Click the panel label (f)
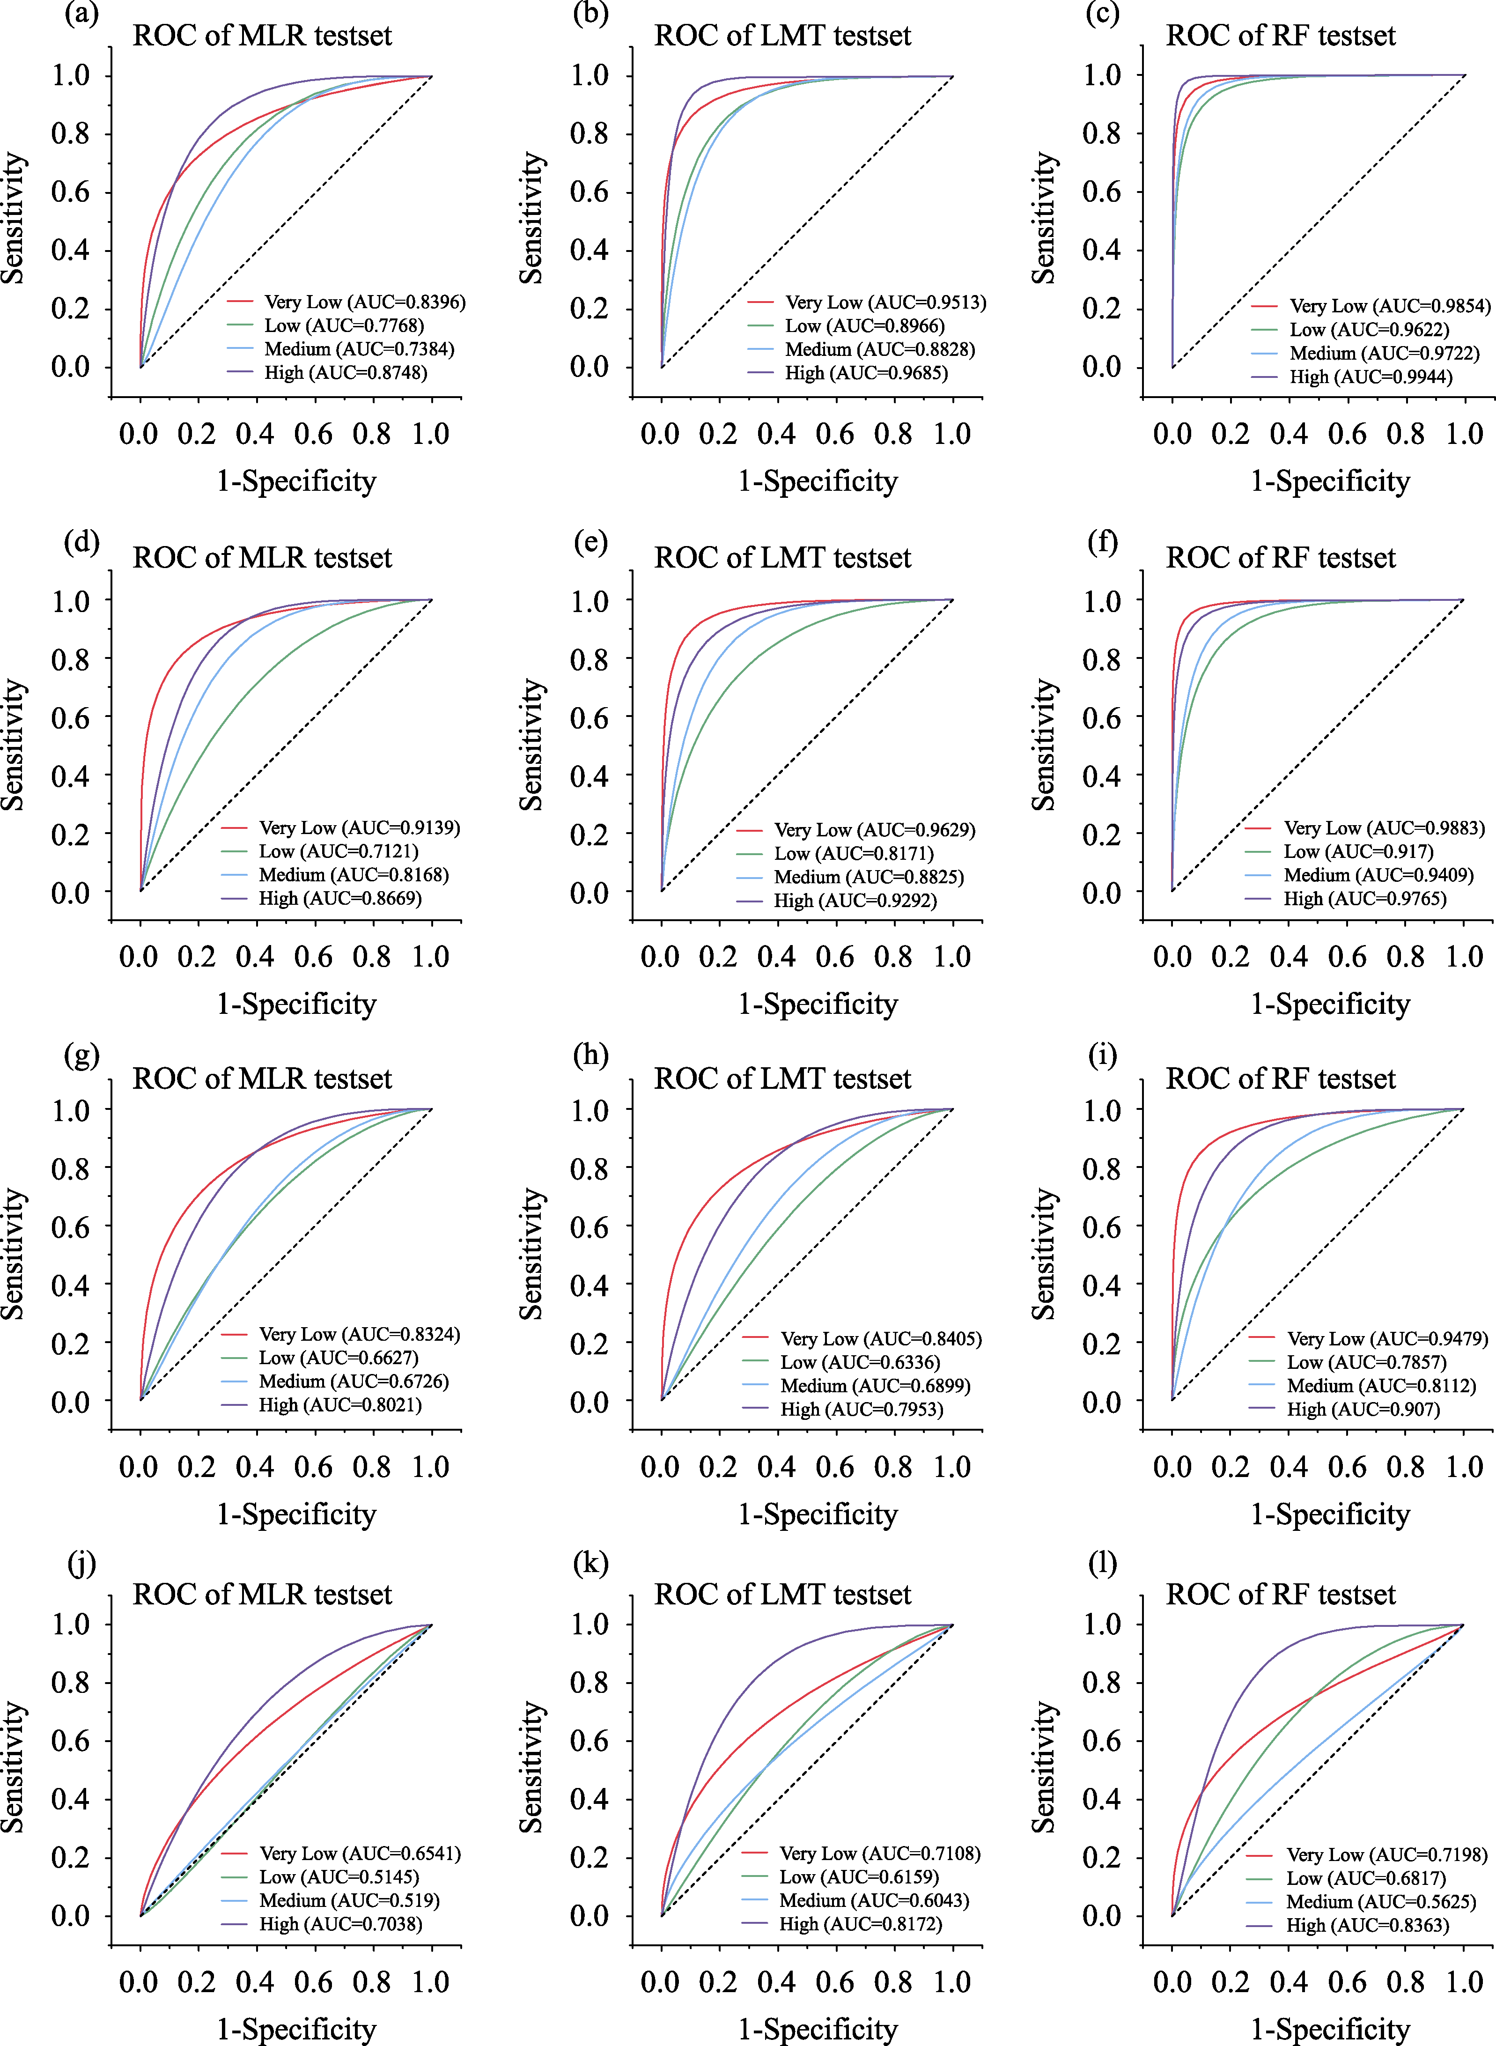(x=1102, y=542)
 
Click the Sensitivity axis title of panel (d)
(x=15, y=745)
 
